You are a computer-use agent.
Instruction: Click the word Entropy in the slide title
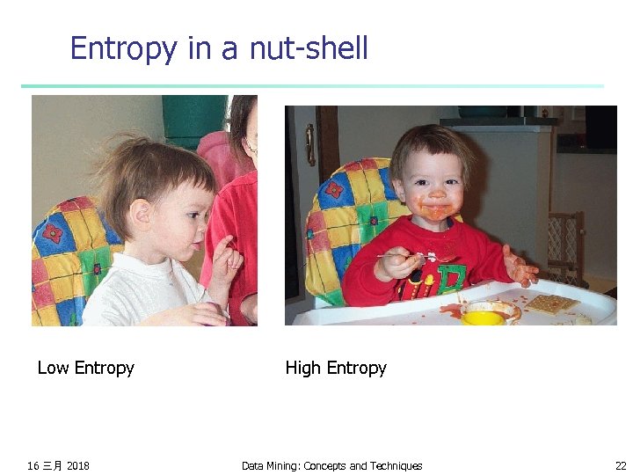click(123, 48)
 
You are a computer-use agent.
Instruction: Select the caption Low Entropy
click(85, 368)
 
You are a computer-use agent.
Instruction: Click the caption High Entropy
click(336, 368)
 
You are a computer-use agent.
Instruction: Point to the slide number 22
click(621, 465)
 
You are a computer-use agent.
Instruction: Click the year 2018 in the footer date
click(77, 465)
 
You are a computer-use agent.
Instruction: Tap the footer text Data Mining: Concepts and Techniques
click(331, 465)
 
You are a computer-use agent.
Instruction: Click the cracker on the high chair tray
click(551, 303)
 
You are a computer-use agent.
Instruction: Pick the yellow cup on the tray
click(484, 316)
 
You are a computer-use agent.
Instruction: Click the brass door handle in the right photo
click(309, 144)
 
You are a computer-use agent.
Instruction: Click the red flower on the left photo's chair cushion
click(54, 233)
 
